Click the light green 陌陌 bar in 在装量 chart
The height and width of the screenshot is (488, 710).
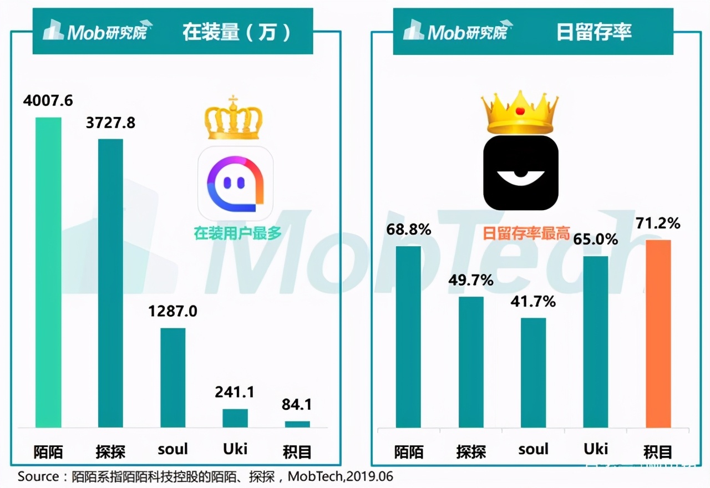[x=48, y=272]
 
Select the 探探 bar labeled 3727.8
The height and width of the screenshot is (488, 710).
[x=110, y=283]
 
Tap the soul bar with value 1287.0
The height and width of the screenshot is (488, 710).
[x=173, y=378]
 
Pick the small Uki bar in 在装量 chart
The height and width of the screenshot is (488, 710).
[x=235, y=418]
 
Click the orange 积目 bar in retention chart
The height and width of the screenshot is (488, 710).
[x=658, y=333]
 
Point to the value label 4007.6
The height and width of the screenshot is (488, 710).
[x=48, y=101]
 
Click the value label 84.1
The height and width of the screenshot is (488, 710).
[x=297, y=405]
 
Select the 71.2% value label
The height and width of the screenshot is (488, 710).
[x=658, y=223]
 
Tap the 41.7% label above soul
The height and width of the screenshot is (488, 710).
[x=533, y=302]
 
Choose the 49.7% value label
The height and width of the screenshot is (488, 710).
[x=471, y=281]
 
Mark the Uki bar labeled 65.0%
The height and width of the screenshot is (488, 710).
[x=596, y=342]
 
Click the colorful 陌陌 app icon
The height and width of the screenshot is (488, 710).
[x=235, y=183]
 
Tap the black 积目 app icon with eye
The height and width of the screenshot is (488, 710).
[x=520, y=173]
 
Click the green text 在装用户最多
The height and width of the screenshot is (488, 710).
[x=237, y=233]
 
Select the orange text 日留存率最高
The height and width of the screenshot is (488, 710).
[x=526, y=233]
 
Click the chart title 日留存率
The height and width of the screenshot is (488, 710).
[x=594, y=32]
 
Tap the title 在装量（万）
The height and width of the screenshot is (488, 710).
[x=237, y=32]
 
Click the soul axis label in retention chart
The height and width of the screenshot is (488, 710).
[x=533, y=449]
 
